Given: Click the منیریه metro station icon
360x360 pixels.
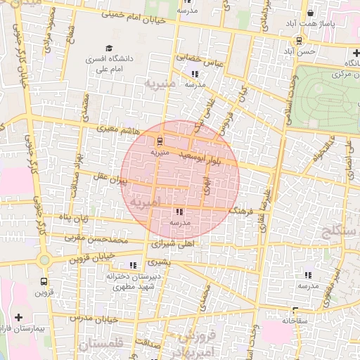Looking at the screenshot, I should pos(159,140).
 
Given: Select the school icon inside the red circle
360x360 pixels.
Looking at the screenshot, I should pos(179,211).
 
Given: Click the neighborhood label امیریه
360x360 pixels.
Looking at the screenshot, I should pos(146,200).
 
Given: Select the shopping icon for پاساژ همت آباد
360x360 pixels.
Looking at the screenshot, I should pos(311,13).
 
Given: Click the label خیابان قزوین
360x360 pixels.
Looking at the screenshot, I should pos(93,258).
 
